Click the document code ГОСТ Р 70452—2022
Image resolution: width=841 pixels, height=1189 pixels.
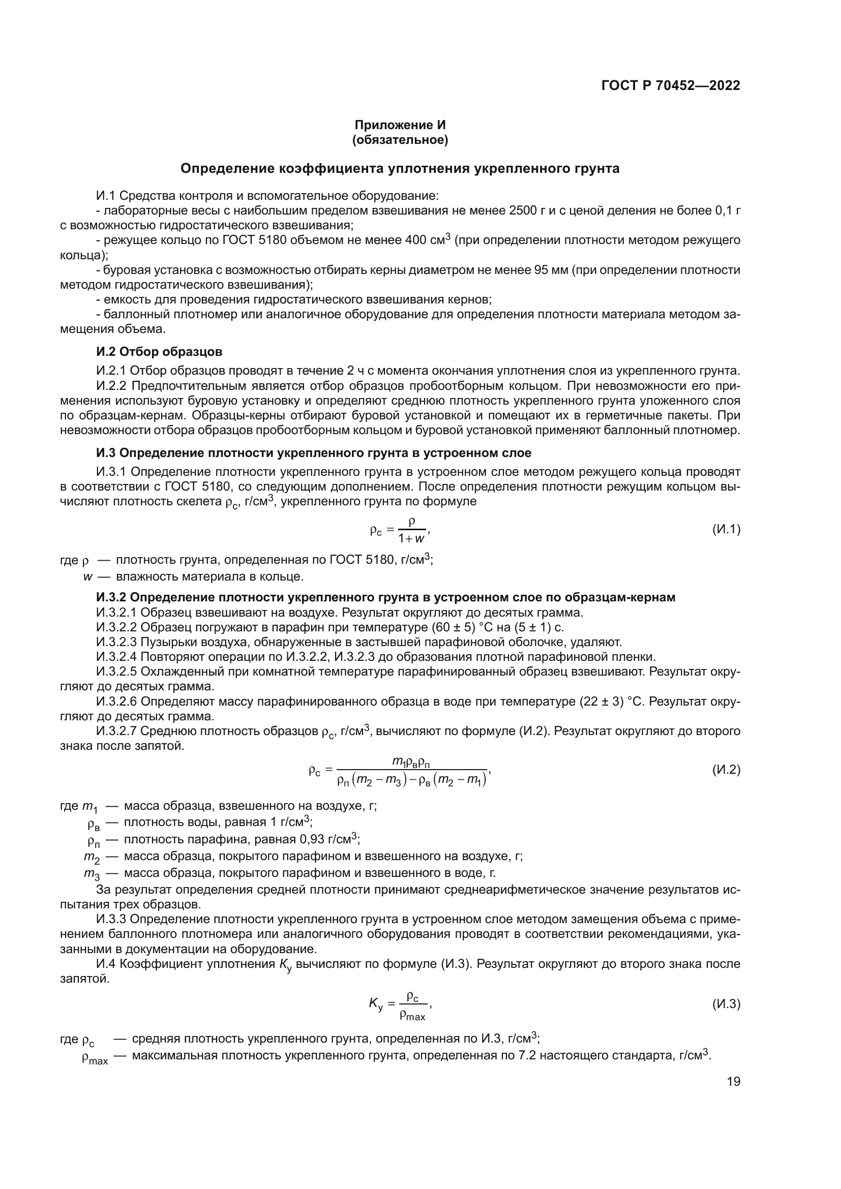point(670,85)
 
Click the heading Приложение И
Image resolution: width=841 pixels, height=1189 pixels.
point(400,125)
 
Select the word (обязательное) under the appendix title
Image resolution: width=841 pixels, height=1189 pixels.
point(400,140)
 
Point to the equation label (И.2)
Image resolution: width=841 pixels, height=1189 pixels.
point(726,770)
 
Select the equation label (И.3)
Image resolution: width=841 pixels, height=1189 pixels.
point(726,1004)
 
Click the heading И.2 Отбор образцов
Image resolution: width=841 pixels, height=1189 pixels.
point(159,352)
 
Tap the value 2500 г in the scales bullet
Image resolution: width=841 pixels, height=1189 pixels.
point(530,210)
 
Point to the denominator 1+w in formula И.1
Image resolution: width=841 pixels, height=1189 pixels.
point(412,538)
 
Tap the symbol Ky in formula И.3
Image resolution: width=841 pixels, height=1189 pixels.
point(375,1004)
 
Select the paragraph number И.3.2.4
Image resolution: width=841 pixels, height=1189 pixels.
point(116,657)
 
